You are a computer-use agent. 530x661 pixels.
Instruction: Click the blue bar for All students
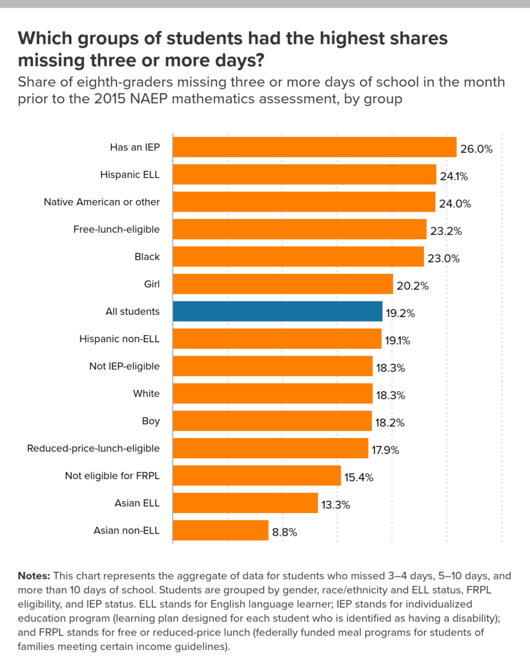click(x=278, y=312)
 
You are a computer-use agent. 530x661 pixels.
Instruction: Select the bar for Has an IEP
click(x=314, y=147)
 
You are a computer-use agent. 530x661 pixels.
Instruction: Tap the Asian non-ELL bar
click(x=220, y=531)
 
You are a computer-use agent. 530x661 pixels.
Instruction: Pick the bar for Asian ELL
click(x=245, y=503)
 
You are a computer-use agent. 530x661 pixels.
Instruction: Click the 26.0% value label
click(x=476, y=149)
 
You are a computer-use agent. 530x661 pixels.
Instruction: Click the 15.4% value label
click(x=360, y=478)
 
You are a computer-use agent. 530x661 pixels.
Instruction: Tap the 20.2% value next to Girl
click(x=413, y=286)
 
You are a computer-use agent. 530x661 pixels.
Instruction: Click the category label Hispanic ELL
click(x=130, y=174)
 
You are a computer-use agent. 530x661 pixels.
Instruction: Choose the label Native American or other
click(x=101, y=202)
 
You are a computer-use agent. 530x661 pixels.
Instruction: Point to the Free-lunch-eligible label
click(x=116, y=229)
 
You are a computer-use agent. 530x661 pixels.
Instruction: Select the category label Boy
click(x=150, y=422)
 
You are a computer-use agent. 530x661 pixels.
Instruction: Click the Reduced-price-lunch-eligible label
click(x=93, y=449)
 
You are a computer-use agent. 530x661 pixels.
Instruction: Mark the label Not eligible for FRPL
click(x=112, y=476)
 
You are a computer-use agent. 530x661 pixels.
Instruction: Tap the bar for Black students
click(x=298, y=257)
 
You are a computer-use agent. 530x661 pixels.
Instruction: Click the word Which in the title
click(x=43, y=39)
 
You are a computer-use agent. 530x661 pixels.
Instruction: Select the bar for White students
click(x=272, y=394)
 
